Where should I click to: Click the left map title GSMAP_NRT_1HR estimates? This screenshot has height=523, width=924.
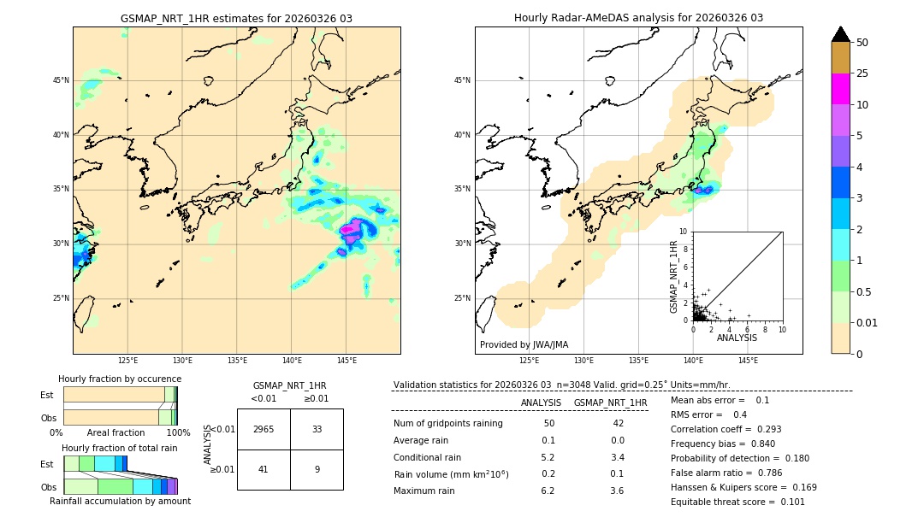236,18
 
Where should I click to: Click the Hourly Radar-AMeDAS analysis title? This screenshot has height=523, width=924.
638,18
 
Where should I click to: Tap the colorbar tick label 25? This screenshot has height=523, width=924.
862,73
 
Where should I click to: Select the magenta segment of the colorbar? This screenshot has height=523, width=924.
840,89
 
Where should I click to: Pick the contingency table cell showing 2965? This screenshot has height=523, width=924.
264,429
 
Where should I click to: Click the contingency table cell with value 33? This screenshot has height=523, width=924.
317,429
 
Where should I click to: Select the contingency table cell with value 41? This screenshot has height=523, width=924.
264,468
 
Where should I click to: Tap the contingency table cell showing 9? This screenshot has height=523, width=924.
317,468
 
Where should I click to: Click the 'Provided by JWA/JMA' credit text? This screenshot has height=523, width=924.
524,344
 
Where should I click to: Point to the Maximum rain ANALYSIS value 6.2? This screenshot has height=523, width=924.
548,491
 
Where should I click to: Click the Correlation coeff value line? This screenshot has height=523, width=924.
726,429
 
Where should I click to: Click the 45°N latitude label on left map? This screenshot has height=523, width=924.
61,80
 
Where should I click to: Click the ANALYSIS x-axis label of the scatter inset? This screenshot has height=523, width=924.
737,338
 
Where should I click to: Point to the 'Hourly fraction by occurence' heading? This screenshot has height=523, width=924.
120,379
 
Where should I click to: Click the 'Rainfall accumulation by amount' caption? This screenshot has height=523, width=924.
120,501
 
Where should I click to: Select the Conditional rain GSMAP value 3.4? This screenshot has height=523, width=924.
617,457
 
